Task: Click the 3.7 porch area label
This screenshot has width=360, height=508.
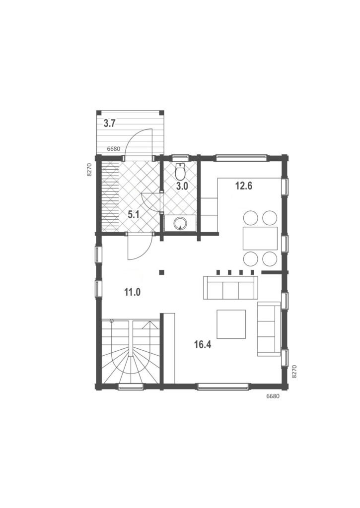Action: pos(110,124)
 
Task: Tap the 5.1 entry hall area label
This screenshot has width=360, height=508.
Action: pos(134,214)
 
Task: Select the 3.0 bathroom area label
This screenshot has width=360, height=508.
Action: pos(182,187)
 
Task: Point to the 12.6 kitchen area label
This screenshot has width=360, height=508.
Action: pos(244,187)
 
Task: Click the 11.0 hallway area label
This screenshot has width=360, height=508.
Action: pos(132,292)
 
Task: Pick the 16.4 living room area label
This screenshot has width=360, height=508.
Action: pos(203,345)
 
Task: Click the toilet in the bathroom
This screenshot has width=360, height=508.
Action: pos(180,172)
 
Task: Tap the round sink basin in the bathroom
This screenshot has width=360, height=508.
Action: pos(180,223)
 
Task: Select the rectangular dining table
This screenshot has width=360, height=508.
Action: pos(260,238)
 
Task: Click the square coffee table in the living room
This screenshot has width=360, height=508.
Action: pos(231,324)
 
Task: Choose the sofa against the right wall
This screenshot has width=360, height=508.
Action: pos(269,329)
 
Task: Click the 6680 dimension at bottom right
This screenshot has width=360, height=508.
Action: pos(273,396)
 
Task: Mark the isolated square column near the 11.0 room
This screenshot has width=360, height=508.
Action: pos(161,272)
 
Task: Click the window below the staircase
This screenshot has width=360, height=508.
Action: pos(131,386)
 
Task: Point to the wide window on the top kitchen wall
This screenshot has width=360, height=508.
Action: pos(242,158)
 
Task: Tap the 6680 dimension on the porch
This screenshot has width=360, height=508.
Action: pos(114,149)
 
